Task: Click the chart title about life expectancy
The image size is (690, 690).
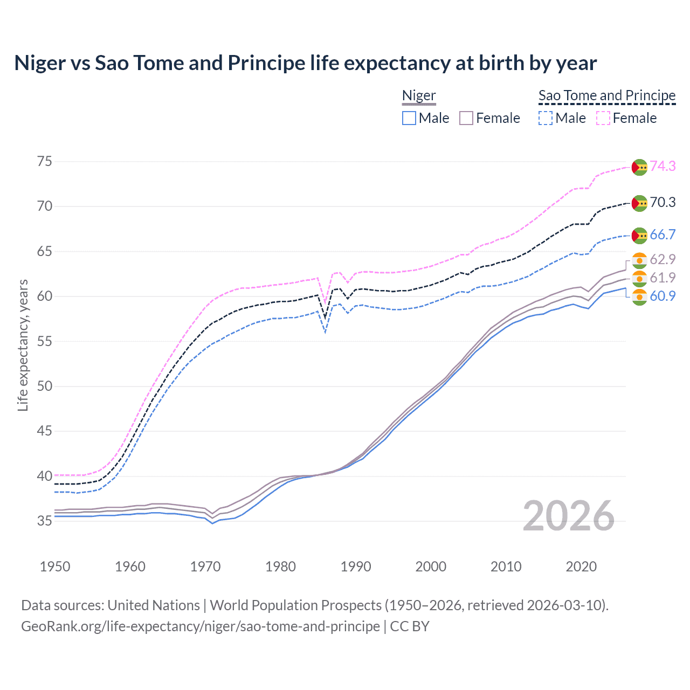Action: (x=305, y=63)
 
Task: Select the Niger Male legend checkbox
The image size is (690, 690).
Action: (x=409, y=118)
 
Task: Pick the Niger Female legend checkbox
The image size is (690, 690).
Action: (x=466, y=118)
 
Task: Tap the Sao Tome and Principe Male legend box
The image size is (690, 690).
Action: (x=546, y=118)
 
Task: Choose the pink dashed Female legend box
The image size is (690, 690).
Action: (x=603, y=118)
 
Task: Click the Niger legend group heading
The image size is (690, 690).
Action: (x=419, y=96)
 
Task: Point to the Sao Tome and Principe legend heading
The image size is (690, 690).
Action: (x=607, y=96)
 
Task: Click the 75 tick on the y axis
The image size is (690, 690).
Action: (x=45, y=162)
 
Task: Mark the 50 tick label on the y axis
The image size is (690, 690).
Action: (x=45, y=386)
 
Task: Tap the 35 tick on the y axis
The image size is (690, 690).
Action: (x=45, y=521)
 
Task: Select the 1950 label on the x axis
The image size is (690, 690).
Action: (x=55, y=567)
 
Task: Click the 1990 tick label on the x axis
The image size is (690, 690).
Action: (x=356, y=567)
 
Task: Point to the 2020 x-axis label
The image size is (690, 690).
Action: (x=581, y=567)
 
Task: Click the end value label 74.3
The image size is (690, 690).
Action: (x=663, y=166)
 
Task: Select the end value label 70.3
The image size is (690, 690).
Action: (x=663, y=202)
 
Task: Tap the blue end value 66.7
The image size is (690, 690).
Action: (x=663, y=234)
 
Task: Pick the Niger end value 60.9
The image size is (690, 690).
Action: (x=663, y=296)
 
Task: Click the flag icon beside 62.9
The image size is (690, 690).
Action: (x=639, y=260)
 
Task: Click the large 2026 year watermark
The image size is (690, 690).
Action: (x=569, y=516)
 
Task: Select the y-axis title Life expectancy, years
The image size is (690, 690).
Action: (x=23, y=345)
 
